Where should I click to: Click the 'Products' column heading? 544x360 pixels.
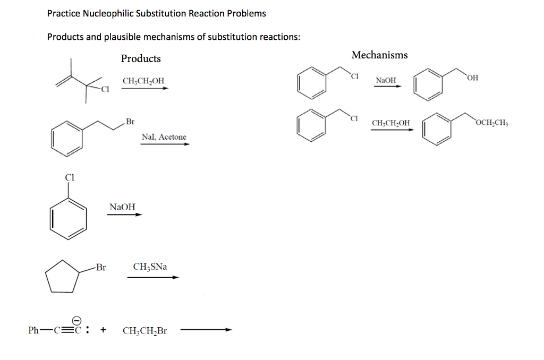point(141,58)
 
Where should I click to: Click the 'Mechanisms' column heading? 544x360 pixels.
point(379,55)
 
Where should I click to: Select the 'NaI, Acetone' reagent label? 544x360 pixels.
point(164,137)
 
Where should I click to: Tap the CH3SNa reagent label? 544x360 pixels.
point(150,267)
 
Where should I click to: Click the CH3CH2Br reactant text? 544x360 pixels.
point(144,331)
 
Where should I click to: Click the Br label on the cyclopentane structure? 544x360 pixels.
point(101,268)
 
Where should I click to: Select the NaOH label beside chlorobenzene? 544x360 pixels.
point(122,207)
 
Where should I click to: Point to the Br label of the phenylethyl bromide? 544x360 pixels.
point(130,122)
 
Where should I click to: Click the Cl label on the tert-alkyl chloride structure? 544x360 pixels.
point(105,89)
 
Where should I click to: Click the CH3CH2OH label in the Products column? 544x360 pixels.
point(143,81)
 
